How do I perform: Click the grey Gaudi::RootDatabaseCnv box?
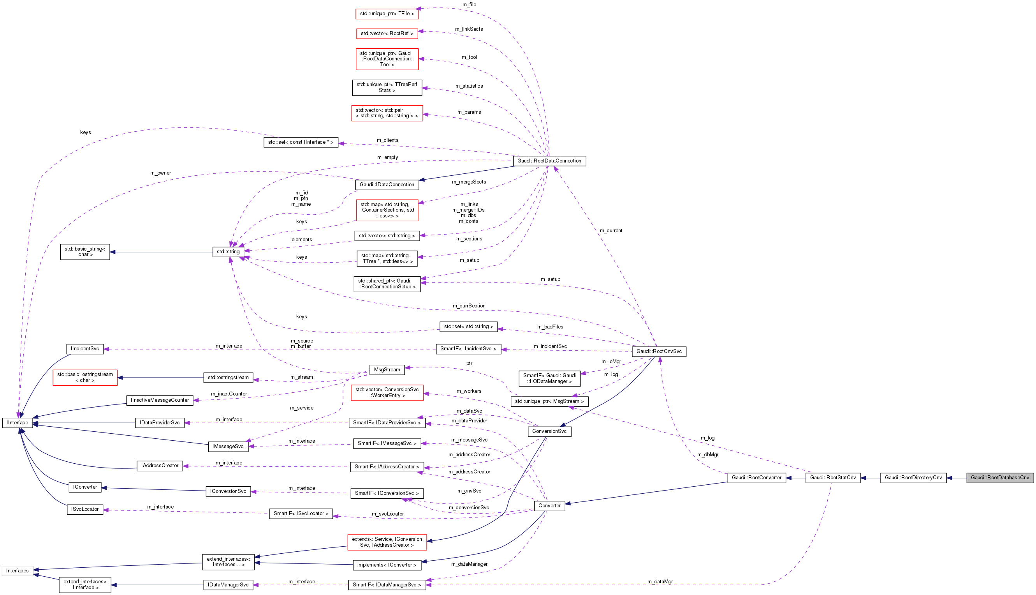(1000, 477)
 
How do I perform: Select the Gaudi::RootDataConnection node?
(549, 161)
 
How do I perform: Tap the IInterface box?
(18, 422)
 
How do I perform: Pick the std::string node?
(228, 251)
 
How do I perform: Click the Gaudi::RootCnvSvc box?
(659, 351)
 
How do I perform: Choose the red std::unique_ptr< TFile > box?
(387, 14)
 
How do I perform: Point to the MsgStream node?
(387, 369)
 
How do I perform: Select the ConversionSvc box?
(549, 431)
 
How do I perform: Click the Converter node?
(549, 505)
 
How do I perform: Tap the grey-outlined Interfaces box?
(17, 570)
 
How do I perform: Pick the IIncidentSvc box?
(85, 349)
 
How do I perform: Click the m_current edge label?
(611, 231)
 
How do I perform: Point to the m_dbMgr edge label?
(707, 454)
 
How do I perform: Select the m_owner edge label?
(160, 173)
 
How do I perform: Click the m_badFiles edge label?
(550, 327)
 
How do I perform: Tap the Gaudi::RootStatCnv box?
(833, 477)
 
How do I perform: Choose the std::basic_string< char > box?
(85, 251)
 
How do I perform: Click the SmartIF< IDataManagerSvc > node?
(387, 584)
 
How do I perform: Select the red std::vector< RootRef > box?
(387, 33)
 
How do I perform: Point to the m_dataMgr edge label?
(660, 581)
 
